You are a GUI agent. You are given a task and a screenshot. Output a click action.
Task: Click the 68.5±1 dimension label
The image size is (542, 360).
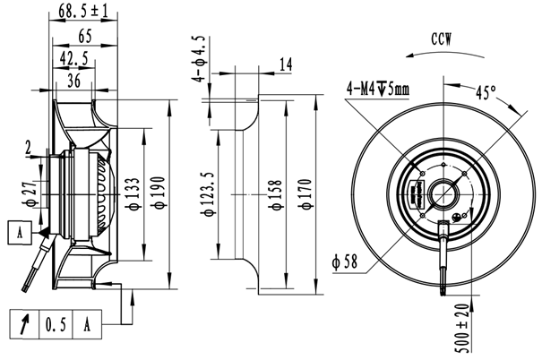pos(83,11)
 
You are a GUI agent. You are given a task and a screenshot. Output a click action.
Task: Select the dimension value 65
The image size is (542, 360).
pos(85,36)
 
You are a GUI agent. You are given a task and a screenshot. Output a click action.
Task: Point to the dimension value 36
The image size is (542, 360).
pos(74,81)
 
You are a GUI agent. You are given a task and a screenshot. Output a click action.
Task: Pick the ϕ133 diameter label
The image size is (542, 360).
pos(133,193)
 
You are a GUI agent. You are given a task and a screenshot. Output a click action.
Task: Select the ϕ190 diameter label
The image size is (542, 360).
pos(159,193)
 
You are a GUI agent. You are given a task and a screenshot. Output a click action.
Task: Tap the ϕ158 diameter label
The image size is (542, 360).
pos(277,194)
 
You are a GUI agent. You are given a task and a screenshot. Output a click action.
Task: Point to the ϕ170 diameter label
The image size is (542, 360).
pos(306,193)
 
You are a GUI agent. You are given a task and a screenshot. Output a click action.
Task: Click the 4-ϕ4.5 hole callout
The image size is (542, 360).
pos(200,59)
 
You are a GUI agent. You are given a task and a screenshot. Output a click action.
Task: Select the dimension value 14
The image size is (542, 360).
pos(286,64)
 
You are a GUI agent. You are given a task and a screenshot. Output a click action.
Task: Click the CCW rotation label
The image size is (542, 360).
pos(442,39)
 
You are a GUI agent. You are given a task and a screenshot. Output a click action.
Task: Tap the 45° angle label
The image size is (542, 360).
pos(486,92)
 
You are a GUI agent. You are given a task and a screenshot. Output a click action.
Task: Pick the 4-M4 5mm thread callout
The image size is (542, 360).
pos(378,89)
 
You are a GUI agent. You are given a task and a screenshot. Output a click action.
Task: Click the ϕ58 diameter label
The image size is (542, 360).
pos(345,262)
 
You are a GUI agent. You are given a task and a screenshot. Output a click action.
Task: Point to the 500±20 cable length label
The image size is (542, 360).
pos(464,328)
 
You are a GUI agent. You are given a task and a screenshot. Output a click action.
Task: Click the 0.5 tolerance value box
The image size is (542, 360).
pos(56,324)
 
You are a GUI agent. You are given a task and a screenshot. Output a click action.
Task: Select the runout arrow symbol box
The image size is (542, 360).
pos(24,324)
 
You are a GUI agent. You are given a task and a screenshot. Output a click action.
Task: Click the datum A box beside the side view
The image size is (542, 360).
pos(20,233)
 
